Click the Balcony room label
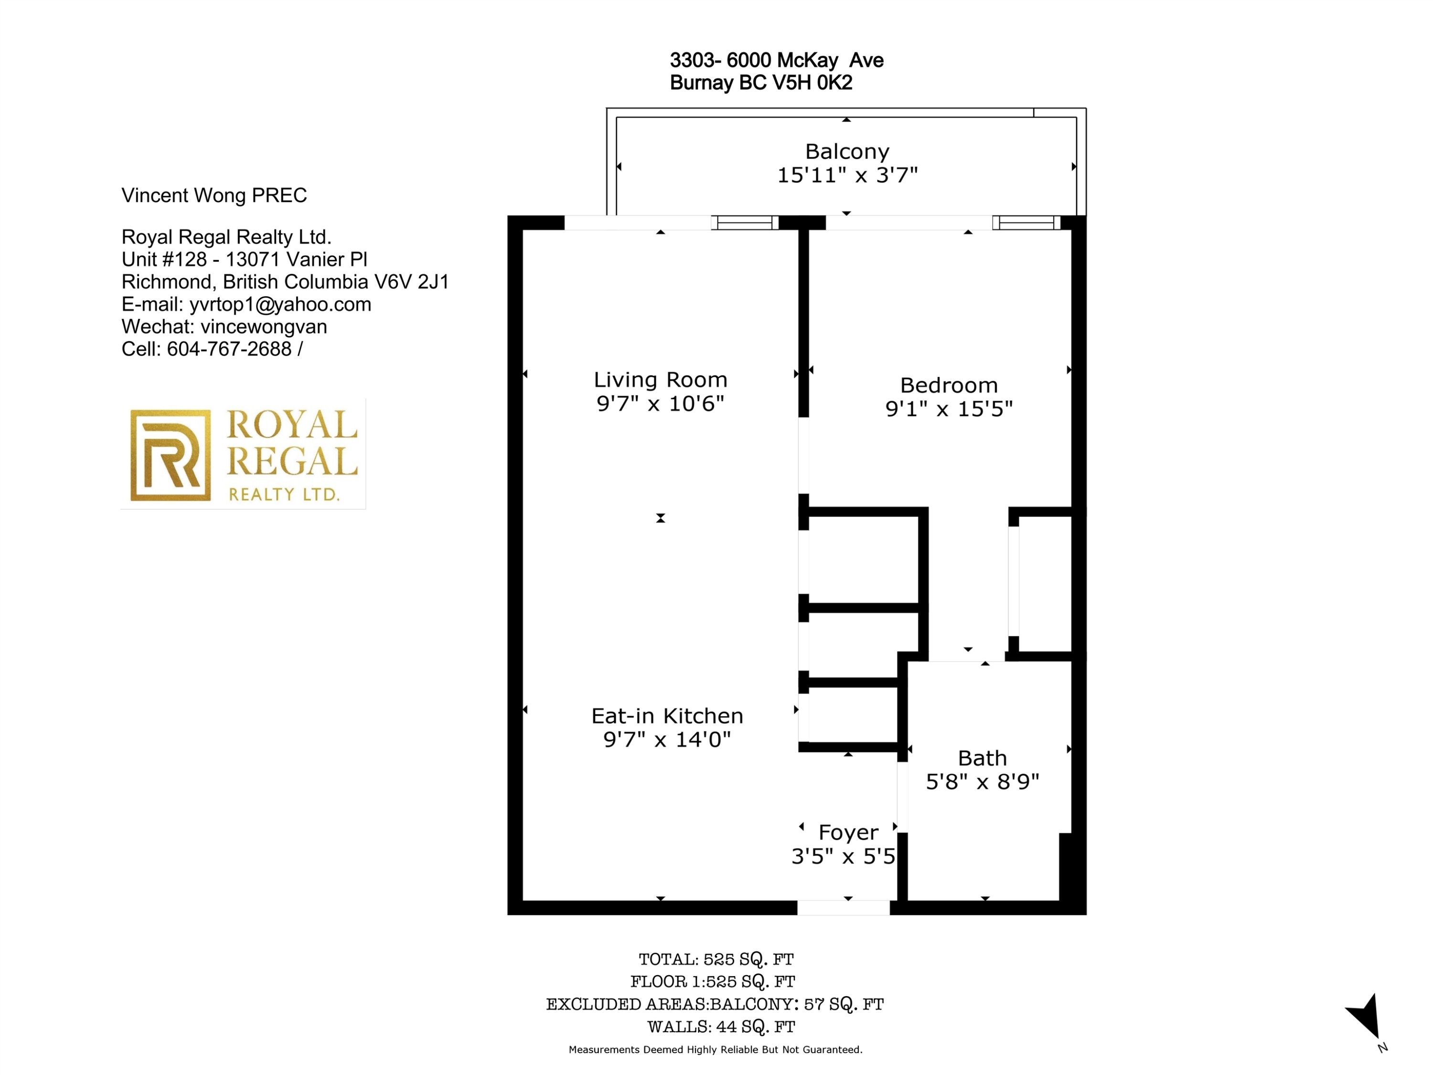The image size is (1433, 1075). click(847, 151)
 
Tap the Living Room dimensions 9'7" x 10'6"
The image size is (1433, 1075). click(660, 403)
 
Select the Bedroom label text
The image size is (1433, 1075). click(949, 385)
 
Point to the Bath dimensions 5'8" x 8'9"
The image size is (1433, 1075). click(982, 782)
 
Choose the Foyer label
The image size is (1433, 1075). click(849, 832)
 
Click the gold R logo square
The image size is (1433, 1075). click(171, 455)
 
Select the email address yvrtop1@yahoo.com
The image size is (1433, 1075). click(280, 304)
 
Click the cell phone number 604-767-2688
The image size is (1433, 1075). click(229, 349)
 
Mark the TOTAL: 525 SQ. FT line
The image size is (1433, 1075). click(716, 959)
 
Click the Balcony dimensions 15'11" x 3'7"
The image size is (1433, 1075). click(847, 175)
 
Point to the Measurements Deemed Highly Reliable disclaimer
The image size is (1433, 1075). click(715, 1050)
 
